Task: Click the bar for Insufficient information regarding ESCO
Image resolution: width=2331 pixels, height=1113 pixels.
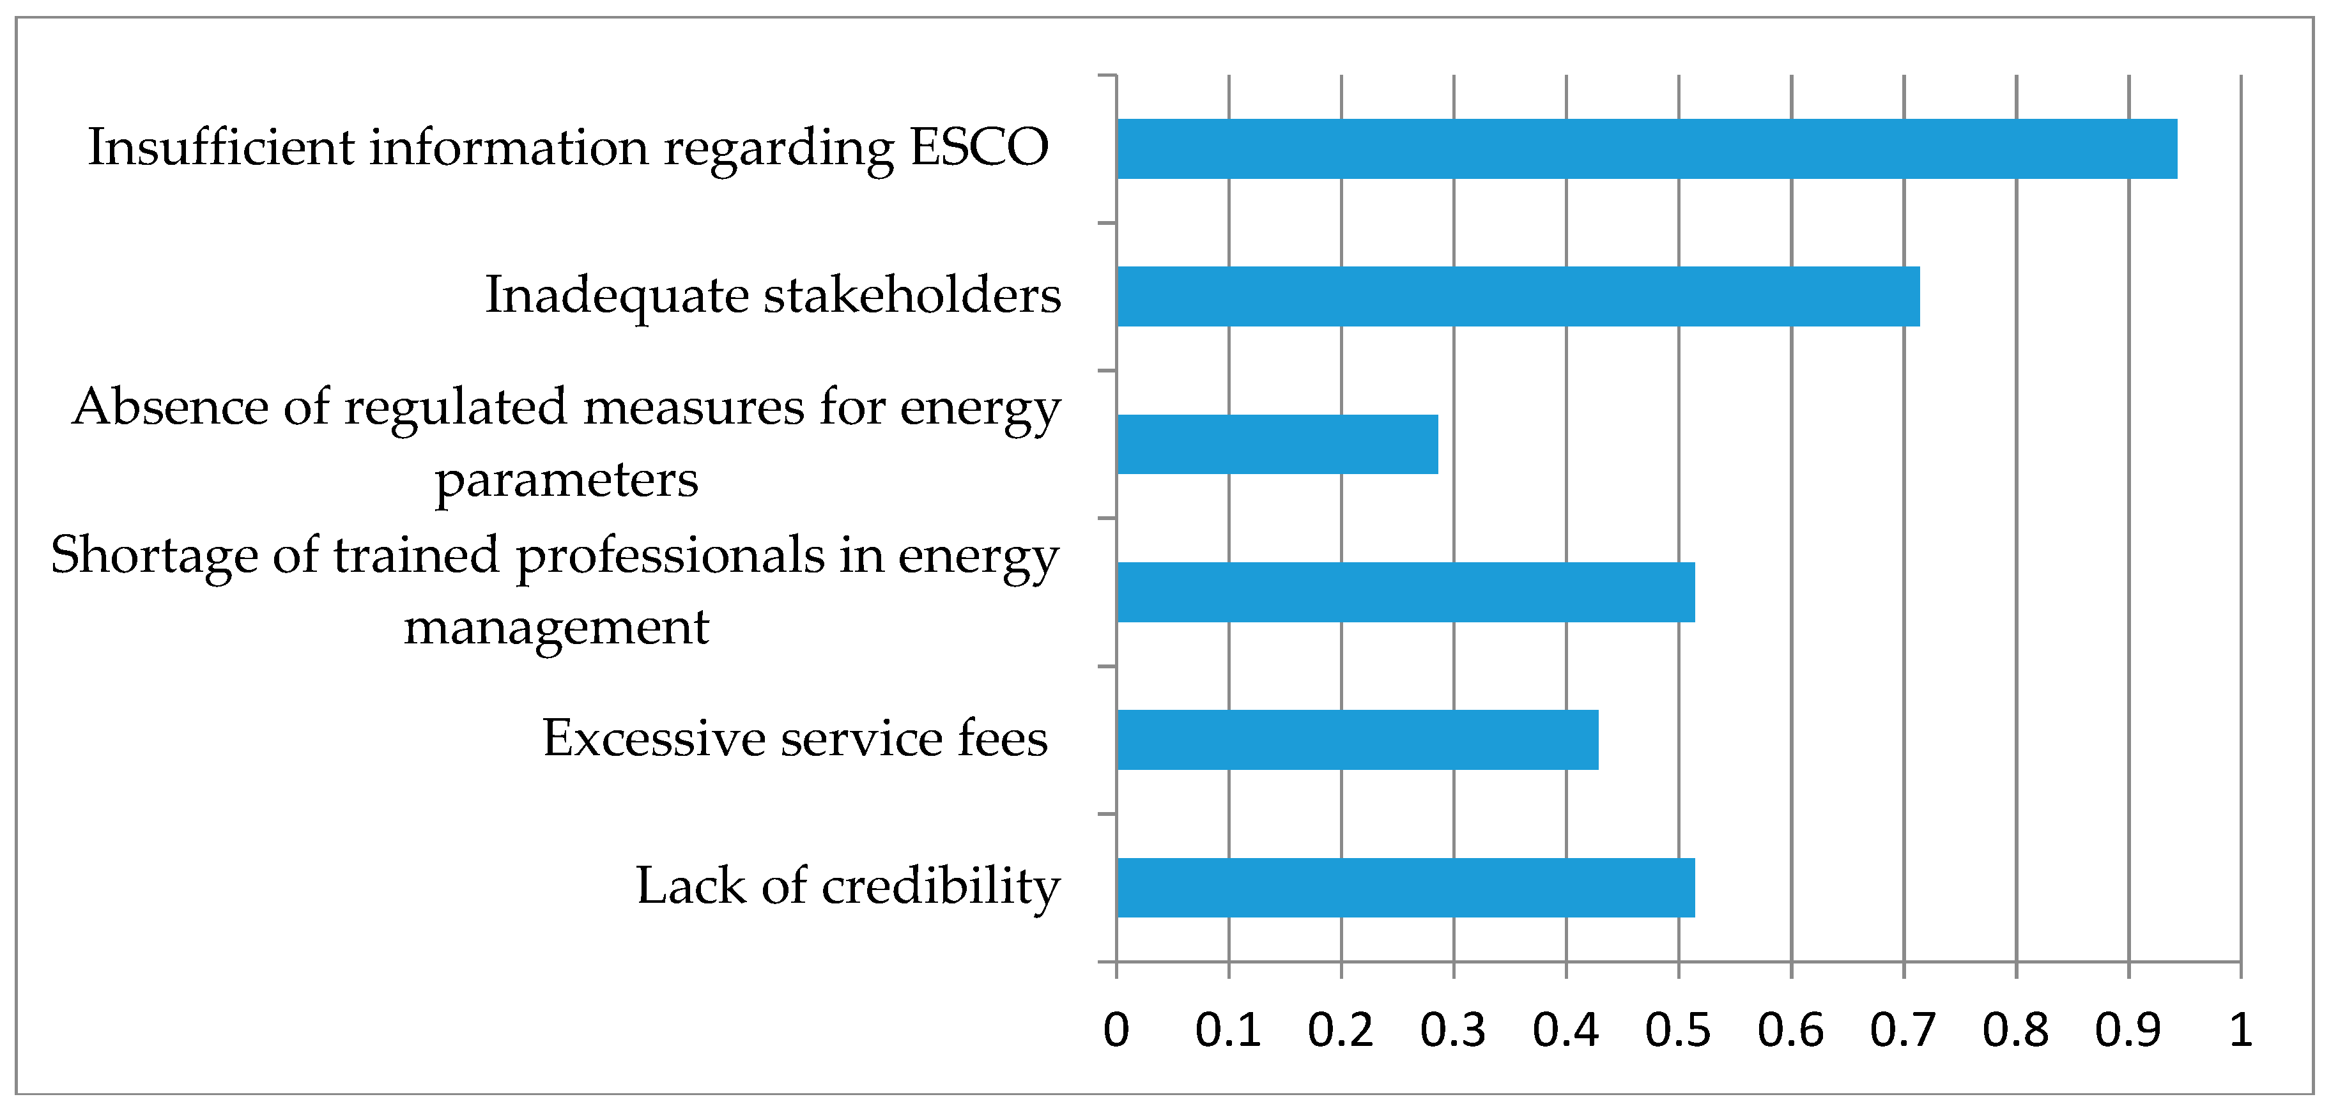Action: click(x=1647, y=148)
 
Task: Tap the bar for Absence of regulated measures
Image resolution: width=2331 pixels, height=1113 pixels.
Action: click(x=1277, y=444)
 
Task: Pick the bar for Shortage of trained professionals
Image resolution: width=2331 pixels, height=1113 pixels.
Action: click(x=1405, y=592)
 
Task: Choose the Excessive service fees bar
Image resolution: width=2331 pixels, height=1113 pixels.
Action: click(x=1357, y=739)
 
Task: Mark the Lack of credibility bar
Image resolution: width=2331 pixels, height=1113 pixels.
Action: click(x=1405, y=887)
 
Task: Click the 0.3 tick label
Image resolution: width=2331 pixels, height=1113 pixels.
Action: click(x=1452, y=1031)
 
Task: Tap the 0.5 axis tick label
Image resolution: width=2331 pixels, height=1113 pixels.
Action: click(x=1678, y=1031)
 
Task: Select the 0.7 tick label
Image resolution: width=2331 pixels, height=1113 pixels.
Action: click(x=1903, y=1031)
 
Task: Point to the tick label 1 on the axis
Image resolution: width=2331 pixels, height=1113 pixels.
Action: click(x=2240, y=1031)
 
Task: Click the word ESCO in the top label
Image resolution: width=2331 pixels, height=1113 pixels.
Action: click(x=978, y=148)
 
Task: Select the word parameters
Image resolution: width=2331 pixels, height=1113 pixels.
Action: click(x=567, y=480)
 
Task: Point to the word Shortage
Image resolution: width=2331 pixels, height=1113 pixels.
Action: click(x=154, y=555)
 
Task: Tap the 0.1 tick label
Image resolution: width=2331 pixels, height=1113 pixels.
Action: click(x=1228, y=1031)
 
